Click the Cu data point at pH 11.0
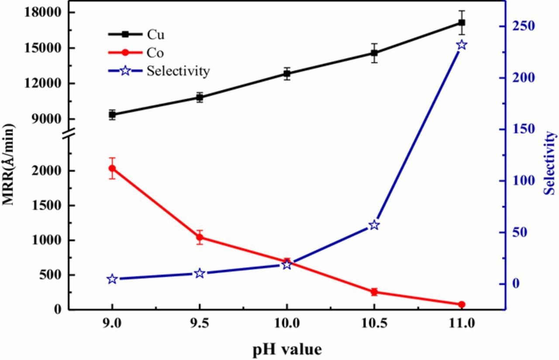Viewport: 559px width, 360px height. click(461, 22)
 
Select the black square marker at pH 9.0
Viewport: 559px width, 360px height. click(112, 114)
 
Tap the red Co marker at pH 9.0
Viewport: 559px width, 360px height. click(112, 168)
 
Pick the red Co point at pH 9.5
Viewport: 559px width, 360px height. click(200, 237)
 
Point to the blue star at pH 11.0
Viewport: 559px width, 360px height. click(462, 45)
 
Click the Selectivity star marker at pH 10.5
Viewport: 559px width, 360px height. click(374, 225)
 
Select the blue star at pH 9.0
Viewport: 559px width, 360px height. click(112, 279)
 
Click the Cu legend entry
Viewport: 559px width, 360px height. click(156, 34)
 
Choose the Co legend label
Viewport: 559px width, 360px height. click(155, 53)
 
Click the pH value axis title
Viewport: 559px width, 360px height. click(287, 349)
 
